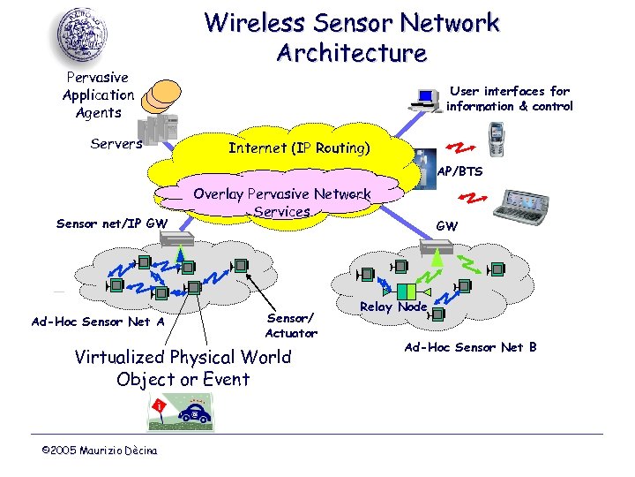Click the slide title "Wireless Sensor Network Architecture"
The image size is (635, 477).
[x=352, y=37]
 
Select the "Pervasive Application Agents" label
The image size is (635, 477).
[x=98, y=95]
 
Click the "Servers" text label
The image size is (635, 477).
[x=116, y=143]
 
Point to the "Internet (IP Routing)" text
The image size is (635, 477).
[x=299, y=148]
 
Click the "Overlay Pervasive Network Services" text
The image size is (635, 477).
[x=282, y=202]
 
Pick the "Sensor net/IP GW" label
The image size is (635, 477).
[x=111, y=223]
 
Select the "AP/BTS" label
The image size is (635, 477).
[x=459, y=171]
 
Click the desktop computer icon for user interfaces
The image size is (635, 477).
[x=429, y=99]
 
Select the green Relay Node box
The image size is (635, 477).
[x=406, y=291]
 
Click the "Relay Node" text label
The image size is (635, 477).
[x=393, y=307]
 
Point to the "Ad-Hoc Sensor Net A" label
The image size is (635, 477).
[x=98, y=322]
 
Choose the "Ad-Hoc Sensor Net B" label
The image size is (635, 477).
[x=470, y=347]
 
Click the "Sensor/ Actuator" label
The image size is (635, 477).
[x=291, y=325]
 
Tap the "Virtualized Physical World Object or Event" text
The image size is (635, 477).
[x=183, y=368]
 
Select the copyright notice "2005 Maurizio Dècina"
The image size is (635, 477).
[x=100, y=451]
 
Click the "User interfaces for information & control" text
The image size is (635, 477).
[x=509, y=98]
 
